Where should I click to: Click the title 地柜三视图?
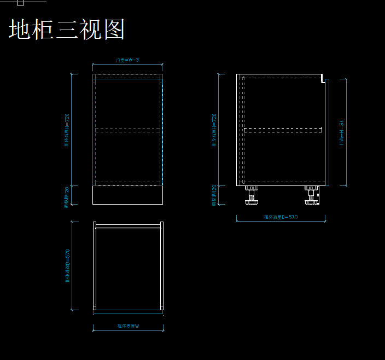(x=67, y=29)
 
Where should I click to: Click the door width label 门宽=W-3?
(x=127, y=60)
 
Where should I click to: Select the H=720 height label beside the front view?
(x=67, y=130)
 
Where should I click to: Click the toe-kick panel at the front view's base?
(x=128, y=195)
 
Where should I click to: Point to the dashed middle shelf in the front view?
(x=128, y=130)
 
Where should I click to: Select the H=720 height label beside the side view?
(x=214, y=130)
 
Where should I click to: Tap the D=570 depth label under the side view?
(x=281, y=217)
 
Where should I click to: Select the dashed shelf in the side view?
(x=283, y=130)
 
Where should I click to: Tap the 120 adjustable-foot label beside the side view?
(x=214, y=195)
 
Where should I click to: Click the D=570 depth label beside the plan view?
(x=67, y=266)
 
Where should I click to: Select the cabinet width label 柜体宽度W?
(x=128, y=326)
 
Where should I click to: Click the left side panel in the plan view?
(x=95, y=266)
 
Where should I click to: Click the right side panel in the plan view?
(x=162, y=266)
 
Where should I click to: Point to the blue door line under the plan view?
(x=128, y=310)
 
